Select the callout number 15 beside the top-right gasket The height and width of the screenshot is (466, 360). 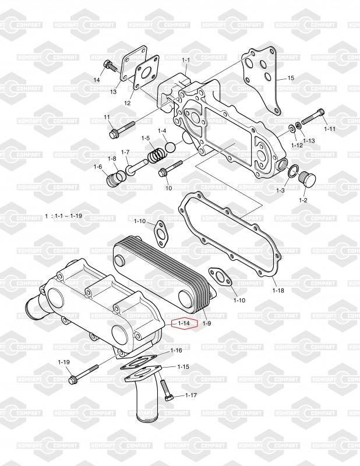click(291, 78)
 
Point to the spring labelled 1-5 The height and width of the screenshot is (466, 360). click(155, 156)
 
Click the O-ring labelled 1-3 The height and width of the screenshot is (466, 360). click(294, 171)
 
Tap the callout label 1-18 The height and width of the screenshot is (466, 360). click(278, 290)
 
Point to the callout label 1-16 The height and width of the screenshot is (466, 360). click(177, 351)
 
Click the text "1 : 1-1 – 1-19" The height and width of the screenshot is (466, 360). click(63, 216)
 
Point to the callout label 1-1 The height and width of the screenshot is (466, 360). click(186, 60)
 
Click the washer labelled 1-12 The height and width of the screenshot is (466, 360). click(291, 128)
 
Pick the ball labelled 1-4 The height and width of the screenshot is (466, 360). click(170, 147)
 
